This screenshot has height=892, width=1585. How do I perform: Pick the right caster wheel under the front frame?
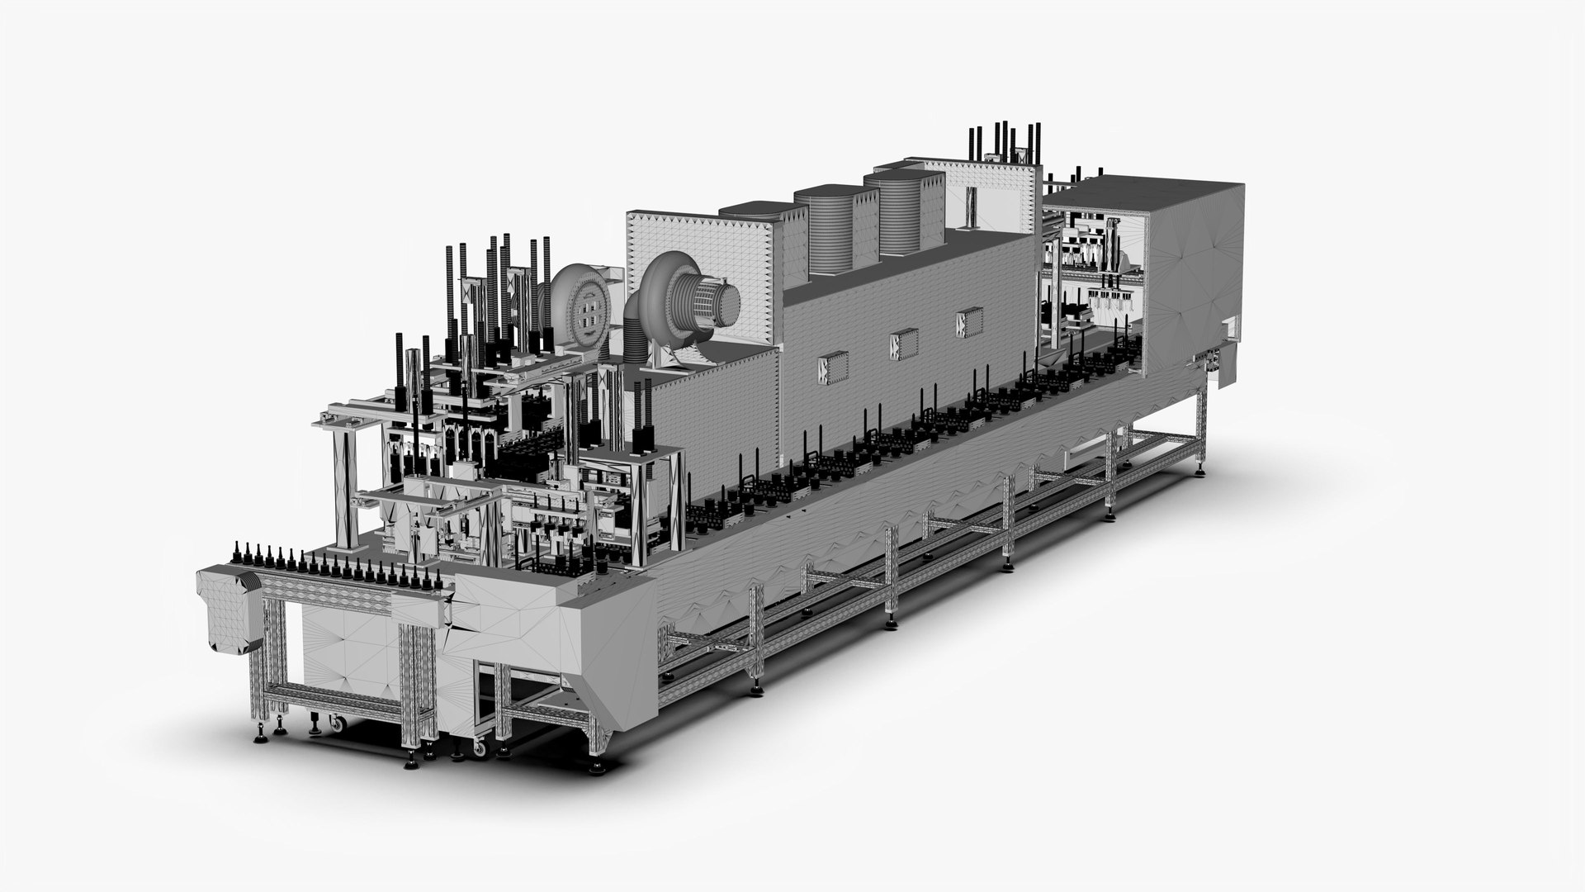coord(477,748)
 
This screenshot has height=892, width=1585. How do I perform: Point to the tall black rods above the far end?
coord(1003,144)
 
